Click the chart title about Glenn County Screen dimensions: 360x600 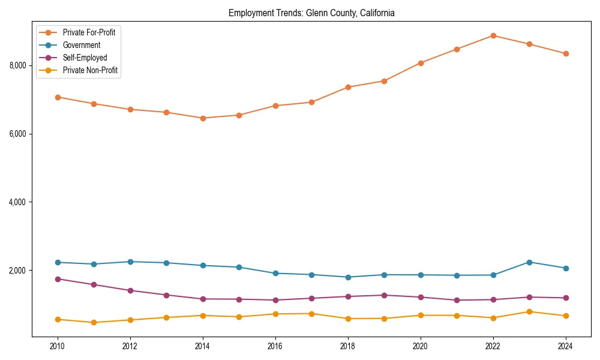[x=311, y=13]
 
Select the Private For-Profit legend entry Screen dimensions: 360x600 [x=89, y=32]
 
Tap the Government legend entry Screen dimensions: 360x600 [x=81, y=45]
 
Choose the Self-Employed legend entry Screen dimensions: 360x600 [x=85, y=58]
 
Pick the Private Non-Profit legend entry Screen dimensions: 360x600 [x=90, y=70]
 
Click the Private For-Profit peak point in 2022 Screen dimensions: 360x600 [x=493, y=35]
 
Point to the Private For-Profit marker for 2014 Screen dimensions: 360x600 [x=203, y=118]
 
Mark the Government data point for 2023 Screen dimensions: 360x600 [x=529, y=262]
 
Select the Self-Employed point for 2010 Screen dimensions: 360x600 [x=58, y=279]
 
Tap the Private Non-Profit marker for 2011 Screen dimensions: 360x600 [x=94, y=323]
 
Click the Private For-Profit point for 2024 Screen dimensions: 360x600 [x=566, y=53]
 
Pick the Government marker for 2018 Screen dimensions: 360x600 [x=348, y=277]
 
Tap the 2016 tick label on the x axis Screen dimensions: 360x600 [x=275, y=346]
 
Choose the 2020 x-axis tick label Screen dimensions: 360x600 [x=421, y=346]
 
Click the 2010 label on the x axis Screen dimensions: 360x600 [x=58, y=346]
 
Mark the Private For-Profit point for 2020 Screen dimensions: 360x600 [x=421, y=63]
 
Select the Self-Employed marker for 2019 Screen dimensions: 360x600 [x=384, y=295]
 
